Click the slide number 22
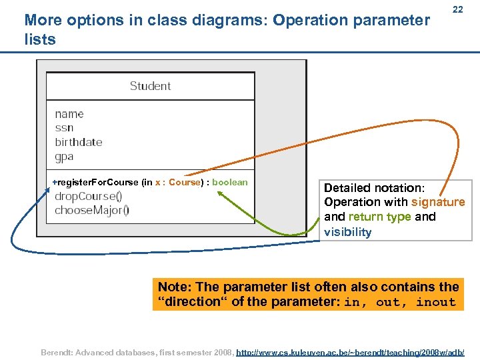[x=457, y=10]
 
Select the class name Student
[x=150, y=86]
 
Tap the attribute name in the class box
[x=69, y=114]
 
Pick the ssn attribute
[x=64, y=128]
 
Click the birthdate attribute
[x=79, y=142]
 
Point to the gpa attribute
[x=64, y=157]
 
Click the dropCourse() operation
[x=88, y=196]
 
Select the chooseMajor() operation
[x=92, y=210]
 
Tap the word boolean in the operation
[x=230, y=182]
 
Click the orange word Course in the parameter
[x=185, y=182]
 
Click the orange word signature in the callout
[x=438, y=202]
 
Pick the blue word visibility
[x=347, y=232]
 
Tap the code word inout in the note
[x=435, y=303]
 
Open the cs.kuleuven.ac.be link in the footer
[x=351, y=351]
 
